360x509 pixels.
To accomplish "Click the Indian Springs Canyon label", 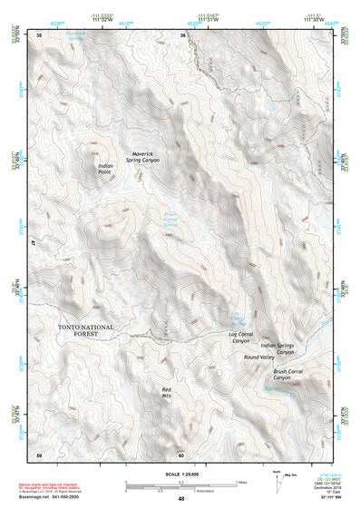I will tap(278, 348).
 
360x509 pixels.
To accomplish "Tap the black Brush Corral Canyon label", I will tap(292, 375).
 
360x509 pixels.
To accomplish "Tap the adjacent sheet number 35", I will tap(39, 34).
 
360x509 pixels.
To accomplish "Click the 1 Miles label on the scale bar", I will tap(243, 480).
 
